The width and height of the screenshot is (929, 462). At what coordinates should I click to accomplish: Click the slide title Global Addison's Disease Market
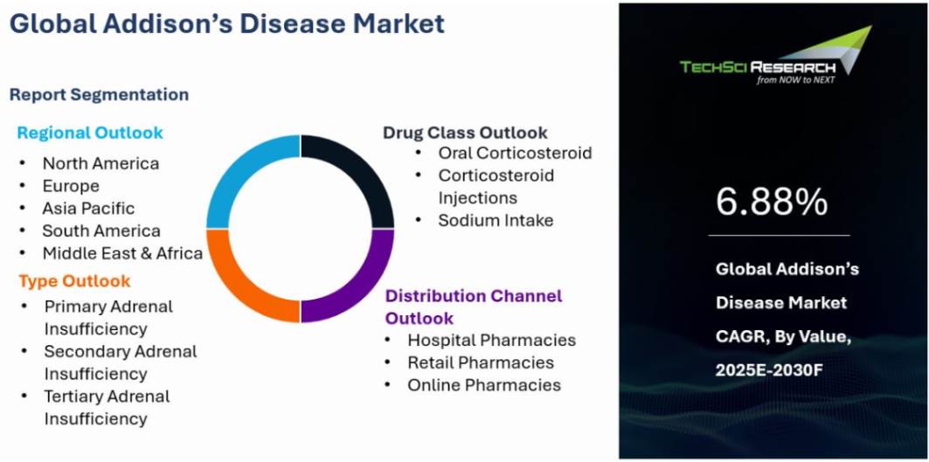click(x=227, y=24)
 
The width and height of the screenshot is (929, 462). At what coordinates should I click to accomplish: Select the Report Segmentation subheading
click(x=99, y=94)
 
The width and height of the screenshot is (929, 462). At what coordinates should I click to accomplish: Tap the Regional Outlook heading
click(x=90, y=133)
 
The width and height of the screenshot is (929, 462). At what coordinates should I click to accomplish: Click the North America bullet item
click(x=101, y=163)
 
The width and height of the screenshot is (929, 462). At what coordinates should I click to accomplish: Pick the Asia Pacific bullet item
click(x=88, y=209)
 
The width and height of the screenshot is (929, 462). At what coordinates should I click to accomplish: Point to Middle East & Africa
click(x=122, y=254)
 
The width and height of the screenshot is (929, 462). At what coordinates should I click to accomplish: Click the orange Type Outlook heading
click(x=74, y=281)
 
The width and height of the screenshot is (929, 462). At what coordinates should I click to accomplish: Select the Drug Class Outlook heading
click(x=465, y=133)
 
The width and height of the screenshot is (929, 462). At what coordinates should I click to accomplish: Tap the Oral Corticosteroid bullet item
click(x=515, y=153)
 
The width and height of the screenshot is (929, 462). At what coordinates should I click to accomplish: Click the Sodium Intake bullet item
click(x=496, y=221)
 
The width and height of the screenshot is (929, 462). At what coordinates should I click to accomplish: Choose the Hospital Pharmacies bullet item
click(x=491, y=341)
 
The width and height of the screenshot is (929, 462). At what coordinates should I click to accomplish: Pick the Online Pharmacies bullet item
click(x=484, y=385)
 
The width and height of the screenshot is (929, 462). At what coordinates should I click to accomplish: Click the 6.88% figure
click(x=772, y=202)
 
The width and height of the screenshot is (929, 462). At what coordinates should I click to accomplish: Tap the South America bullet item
click(x=101, y=231)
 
